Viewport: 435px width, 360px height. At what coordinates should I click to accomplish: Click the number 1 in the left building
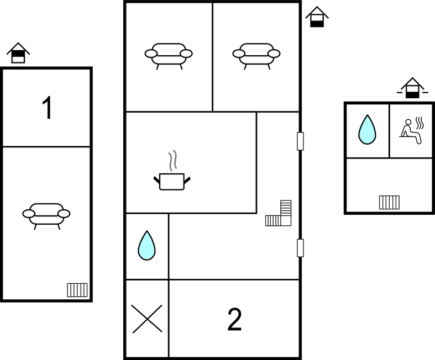point(48,108)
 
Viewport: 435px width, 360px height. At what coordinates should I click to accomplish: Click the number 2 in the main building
point(235,320)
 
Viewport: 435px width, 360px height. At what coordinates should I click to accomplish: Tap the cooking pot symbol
point(171,181)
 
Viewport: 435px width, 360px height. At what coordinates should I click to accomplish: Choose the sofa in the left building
point(46,214)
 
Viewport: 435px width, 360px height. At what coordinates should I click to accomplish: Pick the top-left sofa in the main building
point(169,54)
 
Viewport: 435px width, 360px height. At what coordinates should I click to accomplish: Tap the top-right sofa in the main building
point(256,54)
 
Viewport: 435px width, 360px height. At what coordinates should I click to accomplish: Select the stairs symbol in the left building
point(77,289)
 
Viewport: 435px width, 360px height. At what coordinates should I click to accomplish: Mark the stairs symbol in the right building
point(389,202)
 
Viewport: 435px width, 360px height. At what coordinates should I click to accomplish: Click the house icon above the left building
point(18,53)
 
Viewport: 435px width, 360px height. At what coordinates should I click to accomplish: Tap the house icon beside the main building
point(317,17)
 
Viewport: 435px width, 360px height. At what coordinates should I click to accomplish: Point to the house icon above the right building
point(412,88)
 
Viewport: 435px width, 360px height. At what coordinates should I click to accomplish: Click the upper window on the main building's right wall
point(300,141)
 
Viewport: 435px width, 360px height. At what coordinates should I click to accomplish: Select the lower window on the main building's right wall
point(300,247)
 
